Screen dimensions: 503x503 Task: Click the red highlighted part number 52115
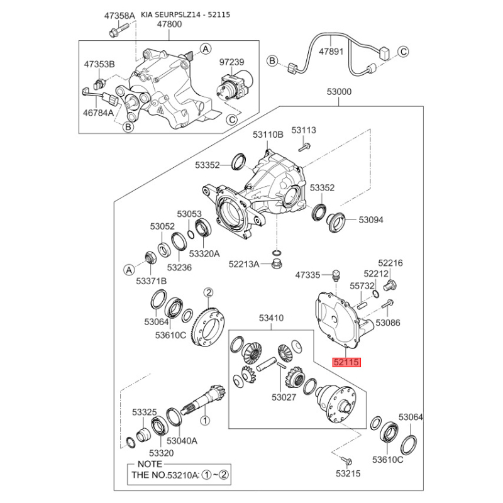click(346, 362)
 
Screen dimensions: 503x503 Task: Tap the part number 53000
click(339, 92)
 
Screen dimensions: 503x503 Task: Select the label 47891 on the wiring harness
click(331, 53)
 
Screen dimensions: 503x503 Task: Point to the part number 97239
click(231, 63)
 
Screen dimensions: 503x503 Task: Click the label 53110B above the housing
click(268, 135)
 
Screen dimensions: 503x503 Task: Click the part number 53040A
click(182, 441)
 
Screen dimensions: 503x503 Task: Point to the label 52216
click(390, 263)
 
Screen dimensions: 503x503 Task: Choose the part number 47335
click(308, 275)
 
